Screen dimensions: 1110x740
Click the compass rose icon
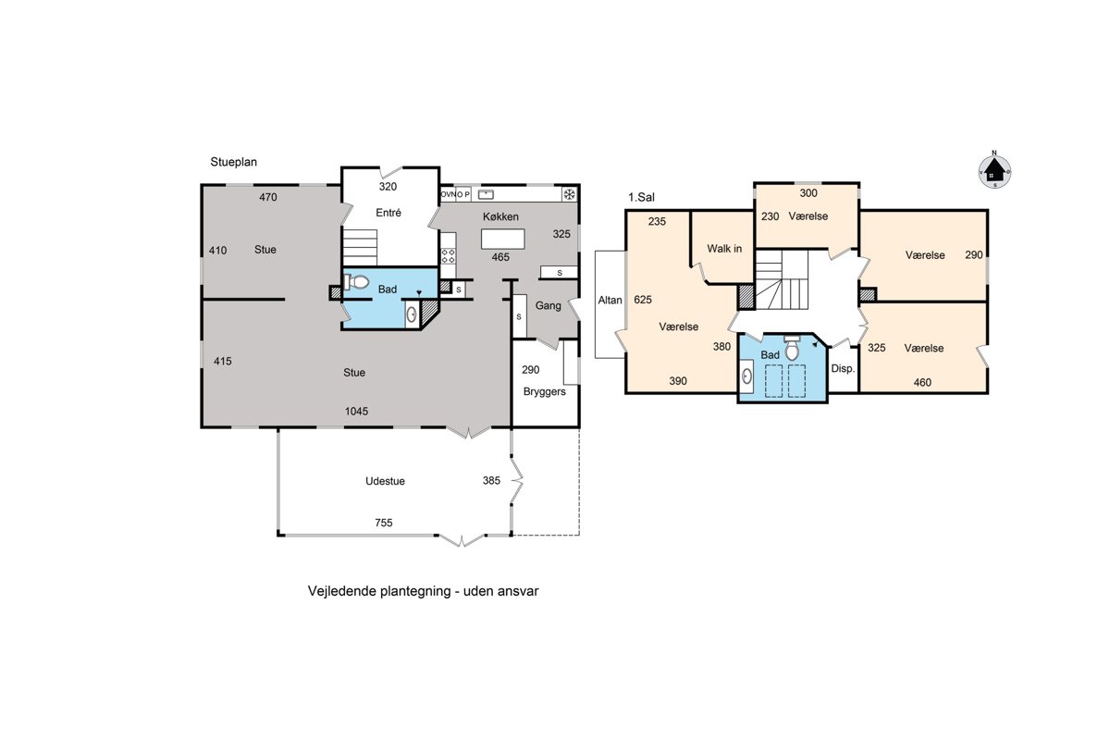point(994,171)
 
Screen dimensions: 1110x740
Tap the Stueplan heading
point(233,162)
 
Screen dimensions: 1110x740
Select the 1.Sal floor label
point(641,197)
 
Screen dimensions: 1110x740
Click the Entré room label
point(388,213)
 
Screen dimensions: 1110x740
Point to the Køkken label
point(500,216)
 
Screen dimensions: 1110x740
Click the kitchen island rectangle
point(502,239)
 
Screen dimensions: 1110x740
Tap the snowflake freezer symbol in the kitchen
point(570,194)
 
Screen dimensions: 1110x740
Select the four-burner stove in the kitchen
point(448,256)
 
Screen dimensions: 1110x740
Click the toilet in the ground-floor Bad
point(357,282)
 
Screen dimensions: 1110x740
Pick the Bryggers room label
point(544,391)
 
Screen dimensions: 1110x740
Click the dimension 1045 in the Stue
point(356,411)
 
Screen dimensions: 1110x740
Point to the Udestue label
point(385,481)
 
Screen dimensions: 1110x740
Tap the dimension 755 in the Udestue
point(384,523)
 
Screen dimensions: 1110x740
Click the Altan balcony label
point(610,300)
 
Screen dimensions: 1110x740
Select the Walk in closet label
point(724,249)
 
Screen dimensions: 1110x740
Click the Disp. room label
point(843,369)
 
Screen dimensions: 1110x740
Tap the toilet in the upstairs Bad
point(792,348)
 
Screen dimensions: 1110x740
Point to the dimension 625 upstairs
point(643,300)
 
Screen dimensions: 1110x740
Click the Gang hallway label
point(548,306)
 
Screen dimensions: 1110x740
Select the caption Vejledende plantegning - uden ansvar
point(423,591)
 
